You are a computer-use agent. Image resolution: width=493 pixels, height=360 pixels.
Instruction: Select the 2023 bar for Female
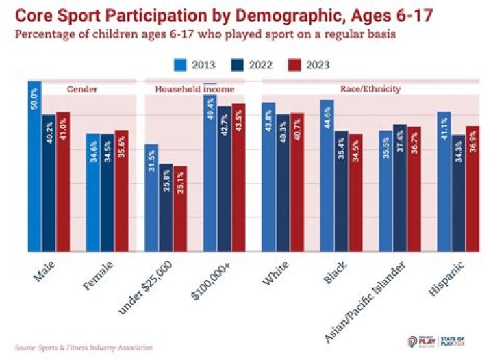[x=121, y=191]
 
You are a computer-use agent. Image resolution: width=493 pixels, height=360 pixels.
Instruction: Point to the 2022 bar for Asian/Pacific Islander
[x=400, y=188]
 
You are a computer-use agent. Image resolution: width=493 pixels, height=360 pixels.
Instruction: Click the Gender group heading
[x=81, y=89]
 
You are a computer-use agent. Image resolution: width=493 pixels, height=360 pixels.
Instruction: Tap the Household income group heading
[x=194, y=89]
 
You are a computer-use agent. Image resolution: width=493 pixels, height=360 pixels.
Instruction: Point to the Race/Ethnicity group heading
[x=370, y=89]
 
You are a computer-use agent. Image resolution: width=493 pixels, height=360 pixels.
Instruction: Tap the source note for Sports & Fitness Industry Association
[x=83, y=348]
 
